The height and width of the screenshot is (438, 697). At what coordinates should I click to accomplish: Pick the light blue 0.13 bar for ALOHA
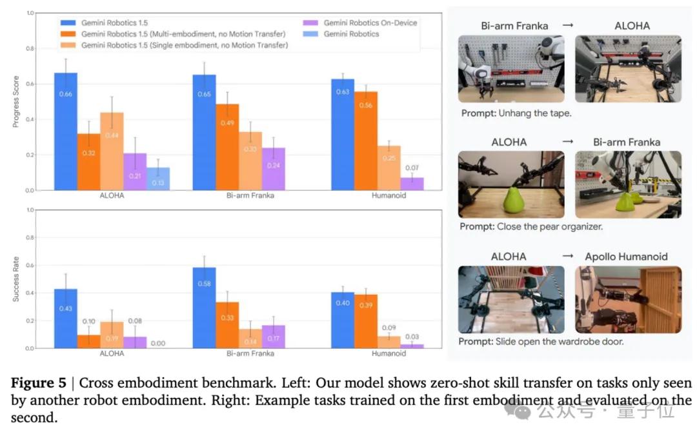point(158,179)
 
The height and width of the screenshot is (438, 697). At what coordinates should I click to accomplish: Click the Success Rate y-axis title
point(16,281)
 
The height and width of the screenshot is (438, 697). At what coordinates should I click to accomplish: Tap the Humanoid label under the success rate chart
point(389,353)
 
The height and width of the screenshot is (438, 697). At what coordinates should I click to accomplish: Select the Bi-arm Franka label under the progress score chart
point(250,195)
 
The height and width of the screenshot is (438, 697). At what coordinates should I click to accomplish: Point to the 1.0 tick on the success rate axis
point(30,210)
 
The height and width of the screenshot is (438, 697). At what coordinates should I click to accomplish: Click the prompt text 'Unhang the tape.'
point(516,113)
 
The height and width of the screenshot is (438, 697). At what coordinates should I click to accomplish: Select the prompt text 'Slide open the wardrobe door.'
point(541,341)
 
